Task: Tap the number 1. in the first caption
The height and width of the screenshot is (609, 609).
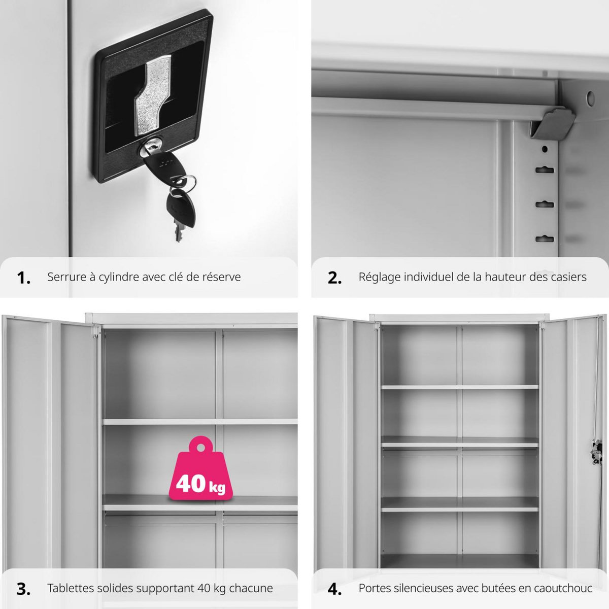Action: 23,278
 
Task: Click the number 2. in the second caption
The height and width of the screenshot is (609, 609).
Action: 334,278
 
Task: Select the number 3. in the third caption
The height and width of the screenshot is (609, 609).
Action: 23,589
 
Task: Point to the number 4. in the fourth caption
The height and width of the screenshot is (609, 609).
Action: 334,589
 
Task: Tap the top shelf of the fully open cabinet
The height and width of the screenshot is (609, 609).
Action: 459,387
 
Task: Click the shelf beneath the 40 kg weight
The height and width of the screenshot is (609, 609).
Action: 200,503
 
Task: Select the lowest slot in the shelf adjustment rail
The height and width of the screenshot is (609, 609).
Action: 545,238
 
